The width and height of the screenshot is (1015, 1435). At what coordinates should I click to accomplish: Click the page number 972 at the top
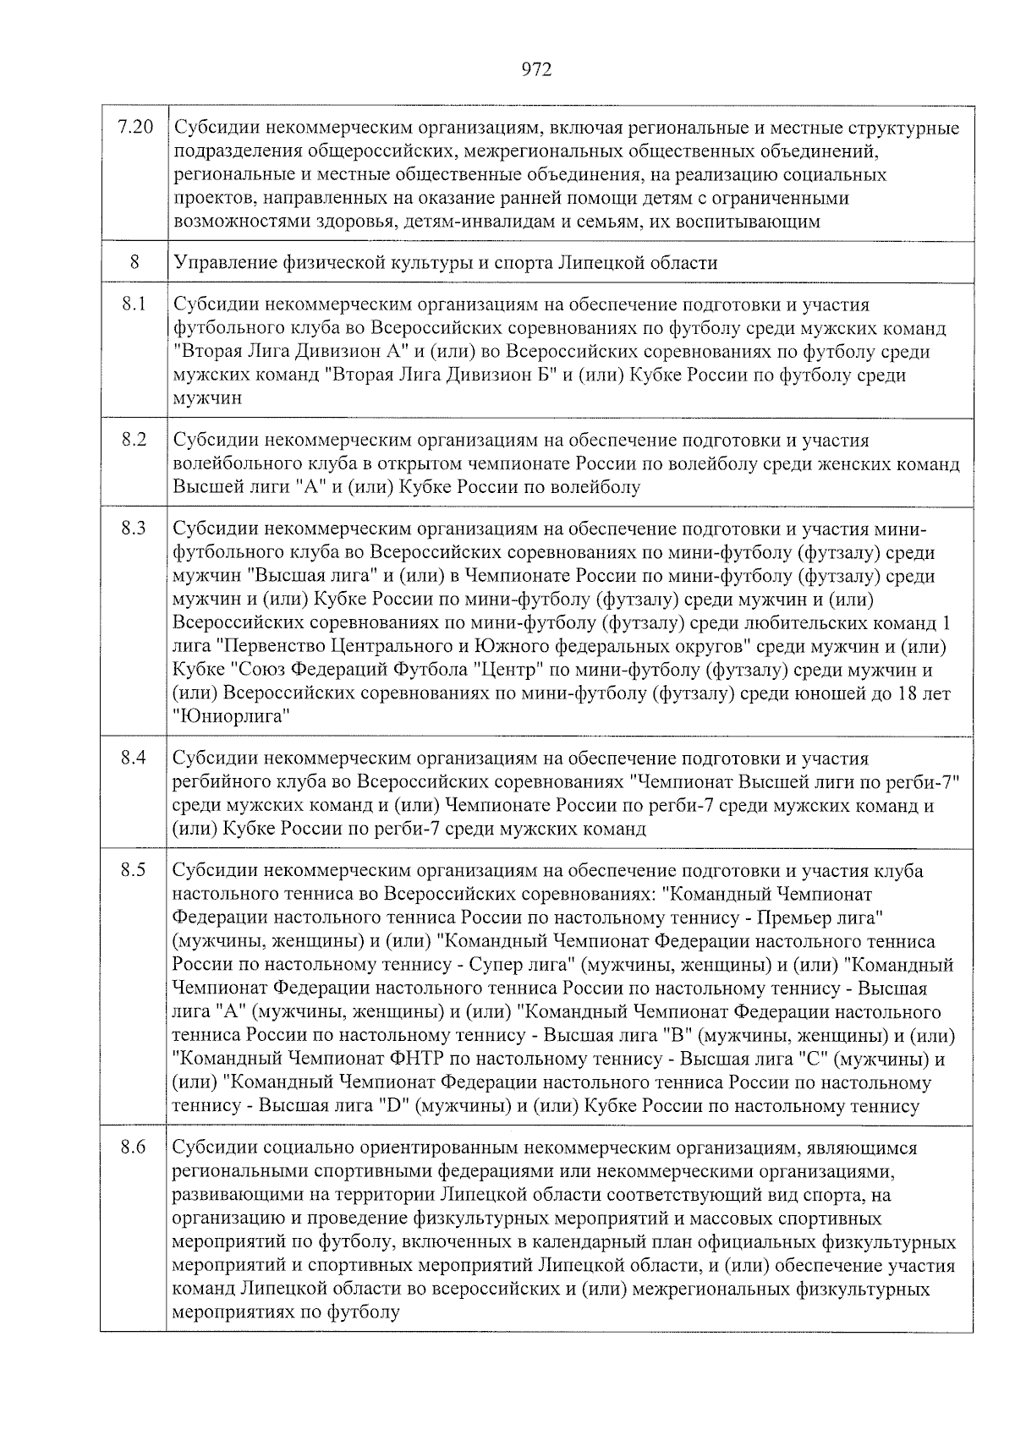click(x=536, y=70)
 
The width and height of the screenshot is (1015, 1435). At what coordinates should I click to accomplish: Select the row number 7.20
click(x=134, y=128)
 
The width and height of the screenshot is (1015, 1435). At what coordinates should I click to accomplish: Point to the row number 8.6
click(x=134, y=1147)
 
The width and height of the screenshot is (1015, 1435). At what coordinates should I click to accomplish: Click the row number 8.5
click(x=134, y=869)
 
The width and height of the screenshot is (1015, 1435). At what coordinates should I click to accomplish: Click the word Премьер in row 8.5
click(x=791, y=917)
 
